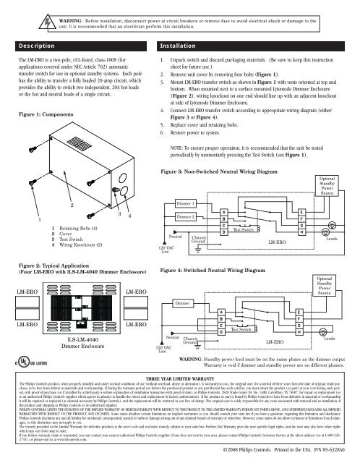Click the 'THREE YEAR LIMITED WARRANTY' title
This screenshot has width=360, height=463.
point(179,378)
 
